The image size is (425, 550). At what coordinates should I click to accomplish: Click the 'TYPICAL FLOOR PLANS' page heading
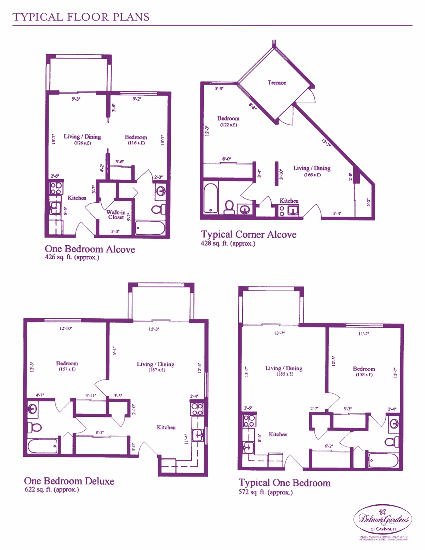click(x=81, y=17)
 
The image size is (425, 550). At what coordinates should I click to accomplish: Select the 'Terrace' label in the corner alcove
click(x=277, y=83)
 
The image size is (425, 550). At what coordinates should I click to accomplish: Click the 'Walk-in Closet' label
click(x=116, y=215)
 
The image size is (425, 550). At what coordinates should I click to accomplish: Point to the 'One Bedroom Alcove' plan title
click(x=90, y=249)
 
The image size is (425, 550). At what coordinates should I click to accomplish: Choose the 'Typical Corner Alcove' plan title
click(x=249, y=235)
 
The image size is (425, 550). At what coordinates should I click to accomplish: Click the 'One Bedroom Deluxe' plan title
click(x=69, y=481)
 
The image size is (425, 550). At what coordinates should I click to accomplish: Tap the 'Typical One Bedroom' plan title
click(x=284, y=483)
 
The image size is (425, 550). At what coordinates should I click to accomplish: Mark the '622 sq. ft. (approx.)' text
click(x=52, y=490)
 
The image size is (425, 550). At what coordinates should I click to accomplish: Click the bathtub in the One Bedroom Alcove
click(x=150, y=228)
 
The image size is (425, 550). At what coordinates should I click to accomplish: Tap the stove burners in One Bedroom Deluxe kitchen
click(x=197, y=409)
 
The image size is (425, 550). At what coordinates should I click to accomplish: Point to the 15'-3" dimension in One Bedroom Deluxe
click(x=154, y=329)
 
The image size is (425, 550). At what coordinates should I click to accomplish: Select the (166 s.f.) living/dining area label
click(x=312, y=175)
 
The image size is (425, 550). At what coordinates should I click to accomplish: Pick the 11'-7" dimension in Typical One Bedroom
click(x=364, y=334)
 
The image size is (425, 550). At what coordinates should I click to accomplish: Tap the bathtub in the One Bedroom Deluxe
click(x=42, y=446)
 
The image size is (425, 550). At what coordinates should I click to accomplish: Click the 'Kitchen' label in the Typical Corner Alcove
click(x=289, y=201)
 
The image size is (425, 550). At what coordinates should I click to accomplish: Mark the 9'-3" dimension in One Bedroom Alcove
click(x=76, y=99)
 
